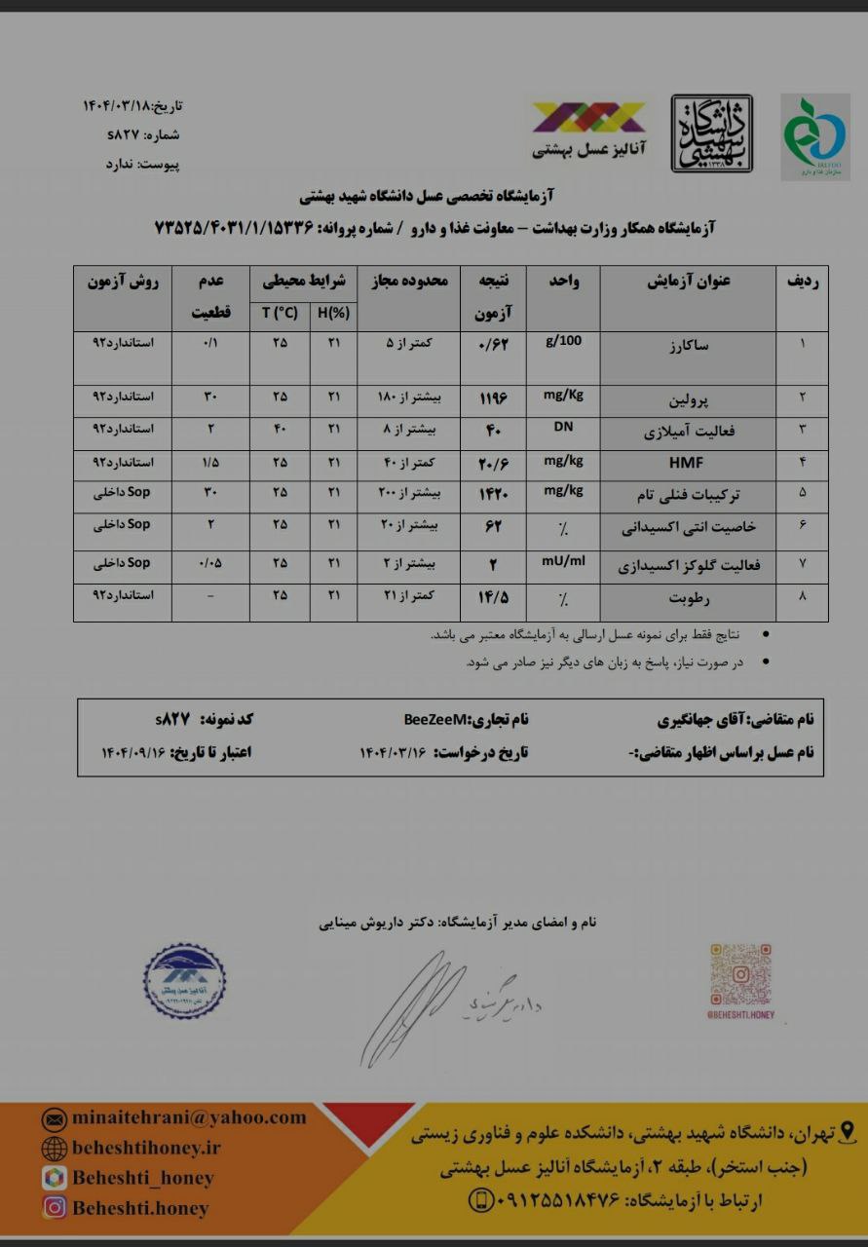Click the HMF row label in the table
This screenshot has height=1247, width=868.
pyautogui.click(x=685, y=463)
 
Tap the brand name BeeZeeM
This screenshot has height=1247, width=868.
pyautogui.click(x=435, y=720)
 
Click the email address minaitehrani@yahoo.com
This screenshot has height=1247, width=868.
pyautogui.click(x=188, y=1117)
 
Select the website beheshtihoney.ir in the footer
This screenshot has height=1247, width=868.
pyautogui.click(x=146, y=1148)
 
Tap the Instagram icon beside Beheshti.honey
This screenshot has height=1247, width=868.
pyautogui.click(x=55, y=1207)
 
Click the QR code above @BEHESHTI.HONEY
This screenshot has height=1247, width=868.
pyautogui.click(x=740, y=974)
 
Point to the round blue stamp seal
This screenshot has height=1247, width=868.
pyautogui.click(x=184, y=980)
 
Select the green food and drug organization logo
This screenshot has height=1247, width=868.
pyautogui.click(x=815, y=136)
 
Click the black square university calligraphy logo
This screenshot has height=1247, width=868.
pyautogui.click(x=711, y=133)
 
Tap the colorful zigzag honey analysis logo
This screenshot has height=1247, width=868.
pyautogui.click(x=587, y=118)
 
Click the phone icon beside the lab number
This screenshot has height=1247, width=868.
pyautogui.click(x=481, y=1199)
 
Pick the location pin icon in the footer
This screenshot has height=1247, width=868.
pyautogui.click(x=847, y=1132)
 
